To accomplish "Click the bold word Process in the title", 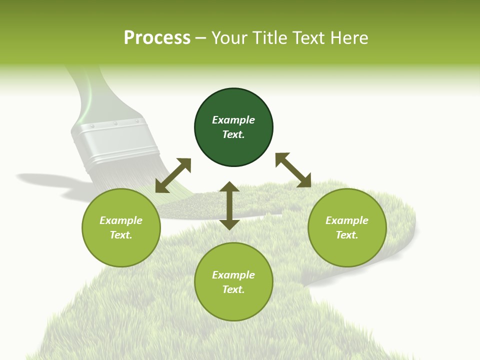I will [157, 38].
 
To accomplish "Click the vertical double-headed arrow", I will [229, 205].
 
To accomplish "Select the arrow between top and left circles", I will [173, 175].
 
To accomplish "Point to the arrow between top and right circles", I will [293, 170].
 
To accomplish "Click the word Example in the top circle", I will [233, 120].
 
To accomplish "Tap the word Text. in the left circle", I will [121, 235].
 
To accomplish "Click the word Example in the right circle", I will [347, 220].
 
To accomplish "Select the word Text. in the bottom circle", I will [233, 289].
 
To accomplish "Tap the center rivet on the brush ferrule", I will [114, 123].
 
